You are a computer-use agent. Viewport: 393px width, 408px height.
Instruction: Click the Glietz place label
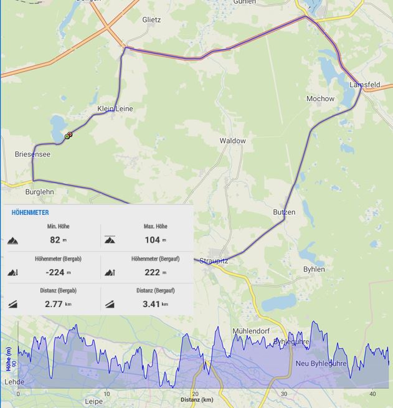pyautogui.click(x=151, y=20)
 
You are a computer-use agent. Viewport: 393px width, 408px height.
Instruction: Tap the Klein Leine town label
pyautogui.click(x=115, y=109)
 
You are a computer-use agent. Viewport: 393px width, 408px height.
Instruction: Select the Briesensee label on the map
pyautogui.click(x=32, y=154)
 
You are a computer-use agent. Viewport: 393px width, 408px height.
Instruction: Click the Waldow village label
pyautogui.click(x=232, y=141)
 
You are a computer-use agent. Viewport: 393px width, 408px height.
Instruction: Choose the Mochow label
pyautogui.click(x=320, y=99)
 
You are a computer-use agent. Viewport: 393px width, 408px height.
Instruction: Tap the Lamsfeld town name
pyautogui.click(x=364, y=85)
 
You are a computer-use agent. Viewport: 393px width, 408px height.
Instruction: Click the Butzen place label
pyautogui.click(x=284, y=212)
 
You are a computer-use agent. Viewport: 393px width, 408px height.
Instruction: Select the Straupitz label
pyautogui.click(x=214, y=261)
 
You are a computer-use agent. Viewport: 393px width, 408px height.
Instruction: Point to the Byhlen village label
pyautogui.click(x=314, y=269)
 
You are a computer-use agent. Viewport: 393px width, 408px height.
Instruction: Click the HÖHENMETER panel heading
pyautogui.click(x=30, y=213)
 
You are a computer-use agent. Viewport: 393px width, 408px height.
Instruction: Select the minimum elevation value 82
pyautogui.click(x=55, y=240)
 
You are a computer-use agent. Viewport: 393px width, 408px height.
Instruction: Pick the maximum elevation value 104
pyautogui.click(x=152, y=240)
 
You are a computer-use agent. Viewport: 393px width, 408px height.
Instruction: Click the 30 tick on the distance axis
pyautogui.click(x=284, y=394)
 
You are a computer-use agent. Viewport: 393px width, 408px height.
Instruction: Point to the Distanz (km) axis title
pyautogui.click(x=197, y=400)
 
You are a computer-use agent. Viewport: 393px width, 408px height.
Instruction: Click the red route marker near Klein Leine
pyautogui.click(x=70, y=134)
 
